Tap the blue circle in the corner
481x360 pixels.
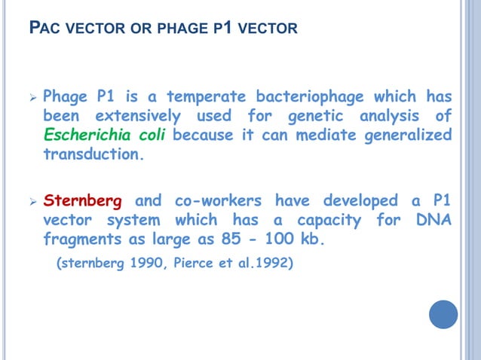coord(443,314)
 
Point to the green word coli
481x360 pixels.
coord(154,136)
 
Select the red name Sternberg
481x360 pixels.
coord(87,202)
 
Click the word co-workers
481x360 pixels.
coord(218,202)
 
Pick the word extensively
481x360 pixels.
coord(137,117)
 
